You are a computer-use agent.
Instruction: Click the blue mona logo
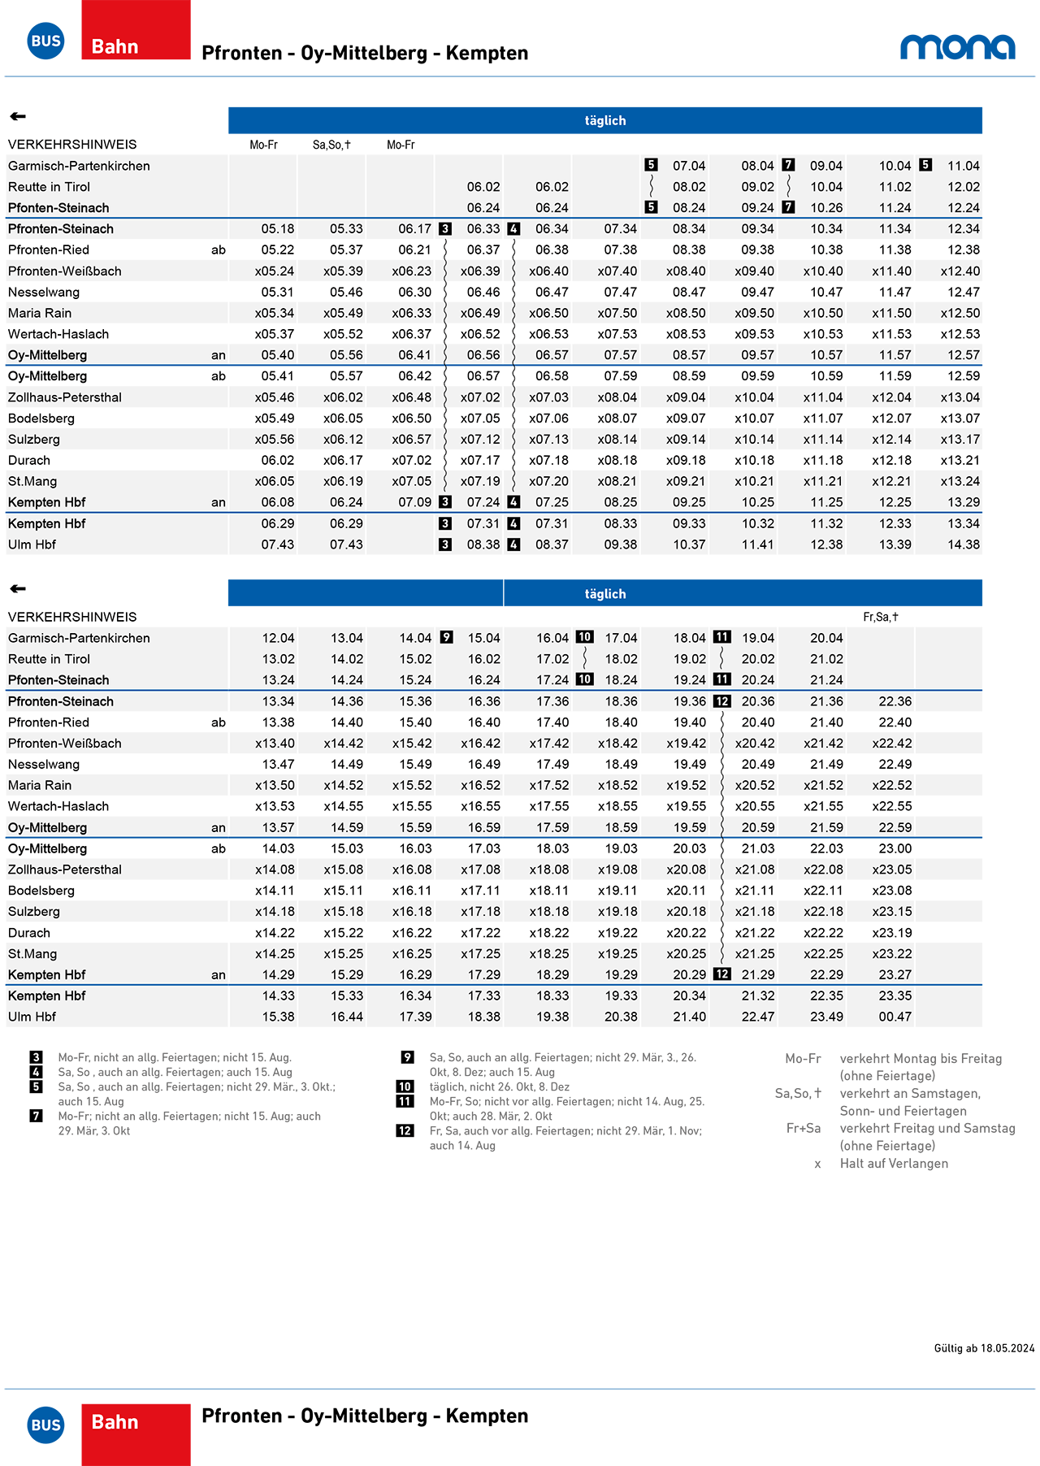point(957,47)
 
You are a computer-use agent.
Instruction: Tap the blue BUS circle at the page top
point(45,41)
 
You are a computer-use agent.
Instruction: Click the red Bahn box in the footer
point(136,1434)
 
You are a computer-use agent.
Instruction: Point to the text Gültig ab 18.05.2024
point(984,1348)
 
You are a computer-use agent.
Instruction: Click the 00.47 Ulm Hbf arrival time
point(895,1017)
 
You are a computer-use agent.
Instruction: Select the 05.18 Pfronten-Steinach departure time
point(278,229)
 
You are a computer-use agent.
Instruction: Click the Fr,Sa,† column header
point(881,617)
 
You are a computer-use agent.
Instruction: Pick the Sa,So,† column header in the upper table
point(331,145)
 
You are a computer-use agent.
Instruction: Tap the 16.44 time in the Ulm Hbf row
point(346,1017)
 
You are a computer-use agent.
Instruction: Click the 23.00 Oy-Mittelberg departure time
point(895,848)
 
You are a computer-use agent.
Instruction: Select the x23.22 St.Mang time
point(892,954)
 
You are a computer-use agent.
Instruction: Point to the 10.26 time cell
point(826,208)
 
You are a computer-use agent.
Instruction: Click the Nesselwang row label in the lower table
point(44,765)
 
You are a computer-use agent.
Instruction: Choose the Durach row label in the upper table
point(29,461)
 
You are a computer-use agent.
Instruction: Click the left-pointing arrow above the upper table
point(18,117)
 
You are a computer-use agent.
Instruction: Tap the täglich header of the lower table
point(605,594)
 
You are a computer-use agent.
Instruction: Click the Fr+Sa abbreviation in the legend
point(803,1129)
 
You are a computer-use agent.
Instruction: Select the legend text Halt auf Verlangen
point(894,1164)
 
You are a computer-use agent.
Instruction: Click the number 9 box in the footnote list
point(408,1057)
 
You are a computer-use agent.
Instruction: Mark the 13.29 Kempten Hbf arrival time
point(963,502)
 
